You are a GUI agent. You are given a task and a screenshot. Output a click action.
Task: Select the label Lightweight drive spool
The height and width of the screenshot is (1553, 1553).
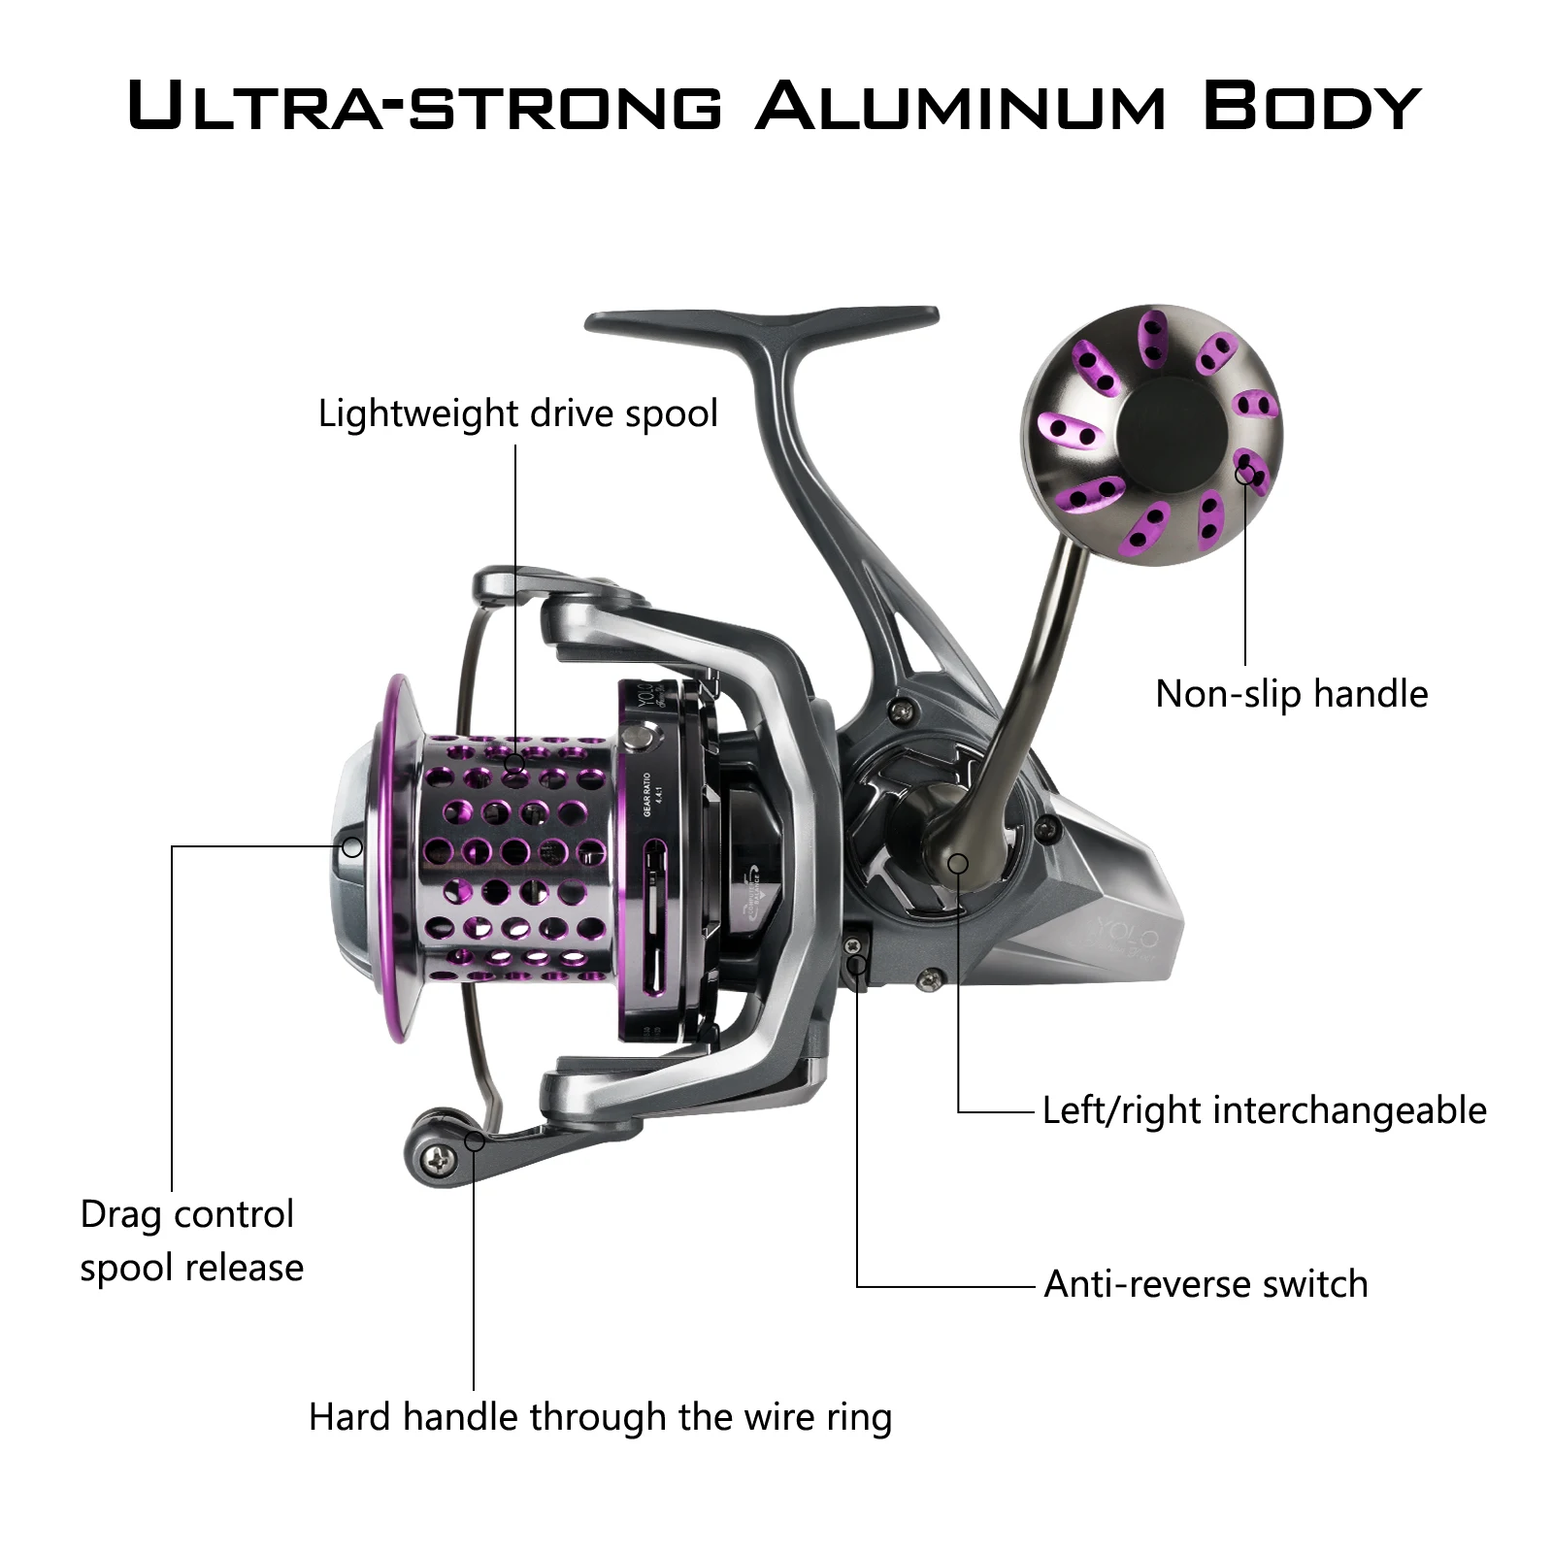[517, 413]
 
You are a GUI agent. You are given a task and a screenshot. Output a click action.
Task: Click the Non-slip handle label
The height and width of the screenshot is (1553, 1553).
[1291, 694]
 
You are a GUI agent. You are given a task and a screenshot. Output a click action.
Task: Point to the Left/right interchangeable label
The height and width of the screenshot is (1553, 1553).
[1264, 1110]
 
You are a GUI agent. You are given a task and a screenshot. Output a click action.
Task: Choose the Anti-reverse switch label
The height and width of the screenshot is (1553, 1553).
[1206, 1284]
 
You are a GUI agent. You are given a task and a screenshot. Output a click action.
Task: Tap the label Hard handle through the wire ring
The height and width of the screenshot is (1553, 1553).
[600, 1417]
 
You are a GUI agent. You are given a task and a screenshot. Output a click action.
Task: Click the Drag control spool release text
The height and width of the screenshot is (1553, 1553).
[191, 1240]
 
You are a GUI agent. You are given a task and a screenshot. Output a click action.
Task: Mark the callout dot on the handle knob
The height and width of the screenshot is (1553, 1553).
[1244, 474]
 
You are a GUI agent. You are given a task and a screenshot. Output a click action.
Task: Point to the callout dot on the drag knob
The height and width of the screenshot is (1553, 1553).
[352, 847]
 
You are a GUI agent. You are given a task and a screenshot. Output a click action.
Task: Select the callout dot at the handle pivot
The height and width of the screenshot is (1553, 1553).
[958, 863]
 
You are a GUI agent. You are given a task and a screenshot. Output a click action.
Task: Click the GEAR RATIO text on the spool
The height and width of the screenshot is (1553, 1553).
[649, 793]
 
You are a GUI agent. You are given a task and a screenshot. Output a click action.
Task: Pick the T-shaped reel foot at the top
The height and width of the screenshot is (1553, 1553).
[763, 325]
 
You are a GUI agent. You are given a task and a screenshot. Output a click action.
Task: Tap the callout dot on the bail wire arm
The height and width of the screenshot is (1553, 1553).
[475, 1140]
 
